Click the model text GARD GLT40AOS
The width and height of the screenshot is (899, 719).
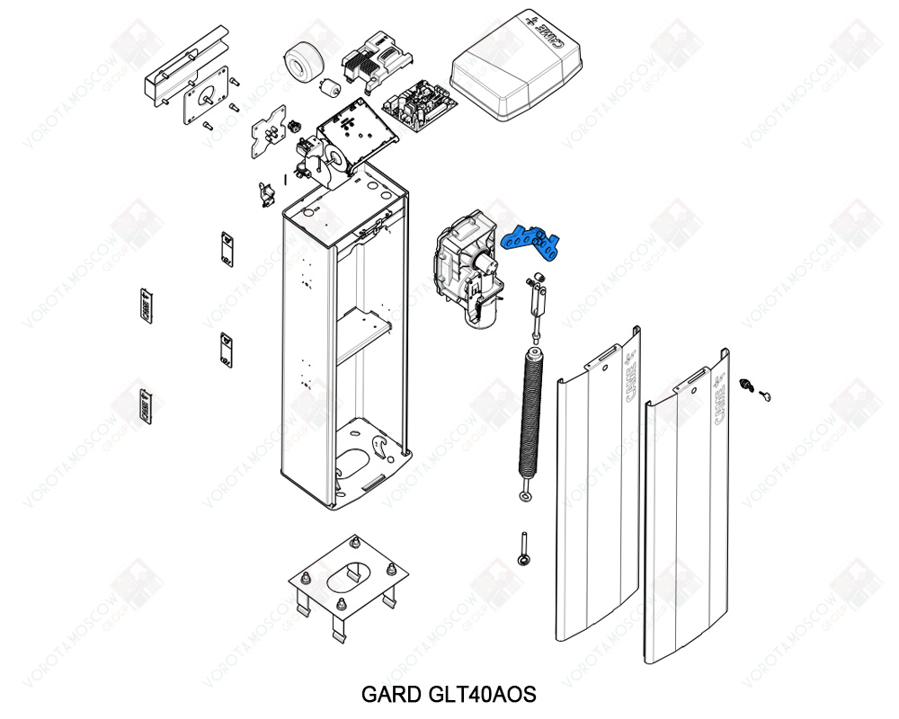449,695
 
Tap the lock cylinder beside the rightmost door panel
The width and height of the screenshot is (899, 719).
745,385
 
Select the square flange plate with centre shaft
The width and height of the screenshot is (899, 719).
203,103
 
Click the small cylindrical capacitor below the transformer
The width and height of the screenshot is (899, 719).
330,88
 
